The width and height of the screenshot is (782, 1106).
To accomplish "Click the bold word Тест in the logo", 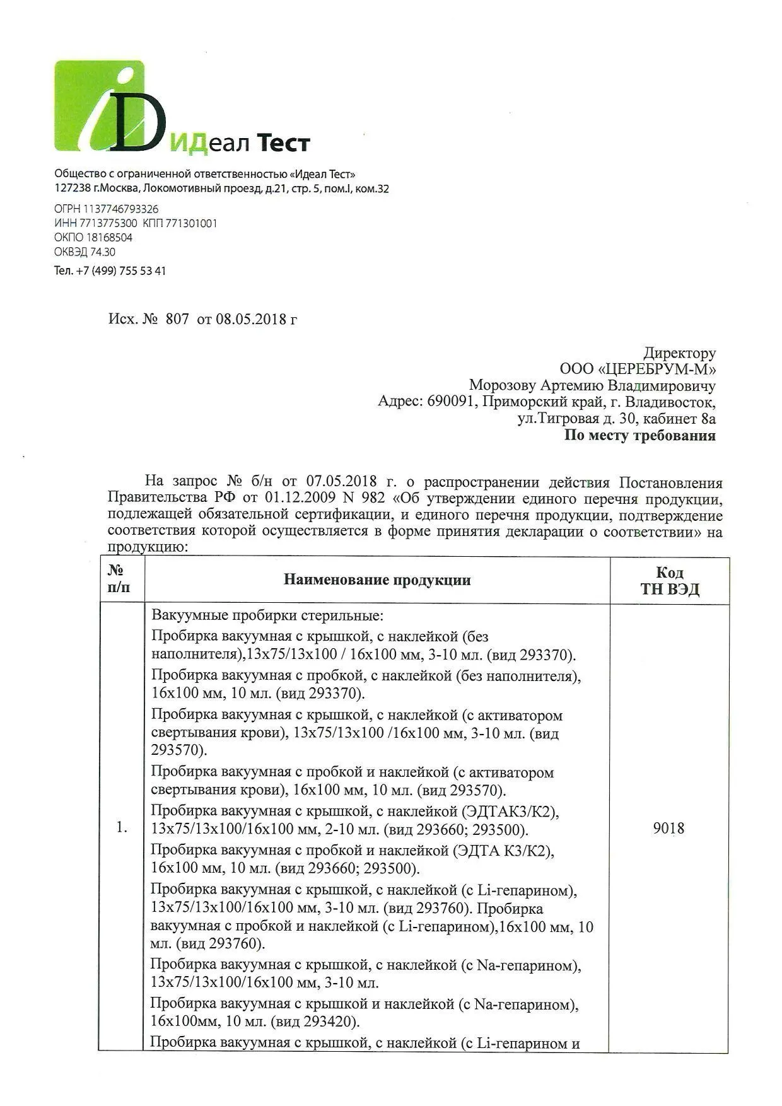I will coord(282,144).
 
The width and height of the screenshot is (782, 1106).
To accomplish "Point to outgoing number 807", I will coord(177,319).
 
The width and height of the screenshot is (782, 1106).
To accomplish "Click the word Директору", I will coord(679,353).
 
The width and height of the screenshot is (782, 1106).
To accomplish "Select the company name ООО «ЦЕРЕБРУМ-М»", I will coord(638,369).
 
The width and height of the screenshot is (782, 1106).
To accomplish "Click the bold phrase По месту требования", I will coord(639,435).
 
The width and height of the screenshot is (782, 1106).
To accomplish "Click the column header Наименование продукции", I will coord(377,580).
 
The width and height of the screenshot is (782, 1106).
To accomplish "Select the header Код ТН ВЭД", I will coord(669,581).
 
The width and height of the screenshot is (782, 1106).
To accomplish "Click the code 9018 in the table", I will coord(668,828).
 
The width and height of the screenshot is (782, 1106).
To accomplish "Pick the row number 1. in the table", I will coord(122,828).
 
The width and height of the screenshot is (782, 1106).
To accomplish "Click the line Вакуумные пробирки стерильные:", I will coord(267,615).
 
